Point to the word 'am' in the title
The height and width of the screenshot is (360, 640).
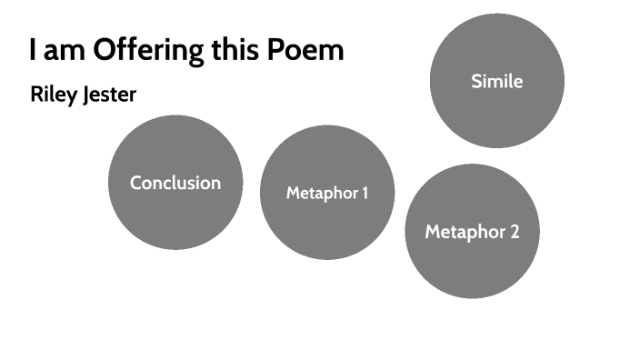pos(60,50)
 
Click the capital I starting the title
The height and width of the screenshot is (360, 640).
pos(32,49)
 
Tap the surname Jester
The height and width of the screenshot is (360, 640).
pos(107,95)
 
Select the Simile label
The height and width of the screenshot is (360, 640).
pos(497,81)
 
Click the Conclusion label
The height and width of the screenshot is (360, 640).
pos(175,183)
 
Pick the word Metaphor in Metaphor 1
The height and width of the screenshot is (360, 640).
pos(320,193)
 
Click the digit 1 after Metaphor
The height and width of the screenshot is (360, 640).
pos(365,193)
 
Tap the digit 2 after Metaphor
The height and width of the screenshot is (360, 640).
pos(515,232)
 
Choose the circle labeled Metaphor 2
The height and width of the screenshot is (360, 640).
pos(473,268)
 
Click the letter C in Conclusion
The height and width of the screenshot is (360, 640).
pos(136,183)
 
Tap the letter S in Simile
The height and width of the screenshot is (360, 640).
pos(476,81)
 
